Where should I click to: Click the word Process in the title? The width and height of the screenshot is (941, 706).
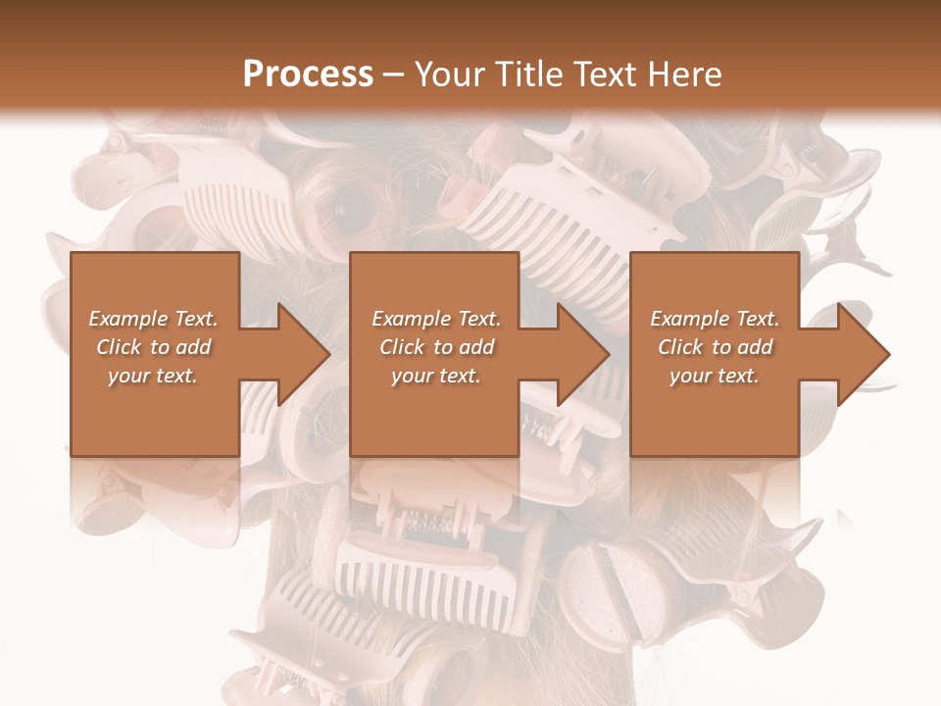308,75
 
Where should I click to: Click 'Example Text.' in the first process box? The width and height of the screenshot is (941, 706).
153,319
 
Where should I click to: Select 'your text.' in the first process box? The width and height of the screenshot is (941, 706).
153,376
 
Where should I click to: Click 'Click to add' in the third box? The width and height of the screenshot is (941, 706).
716,347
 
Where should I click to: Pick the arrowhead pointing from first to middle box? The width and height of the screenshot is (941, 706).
299,354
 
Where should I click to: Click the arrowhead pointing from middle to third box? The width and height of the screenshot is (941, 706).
579,354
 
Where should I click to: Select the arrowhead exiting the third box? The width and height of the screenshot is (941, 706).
860,354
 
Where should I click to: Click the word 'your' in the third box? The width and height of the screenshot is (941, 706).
690,376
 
